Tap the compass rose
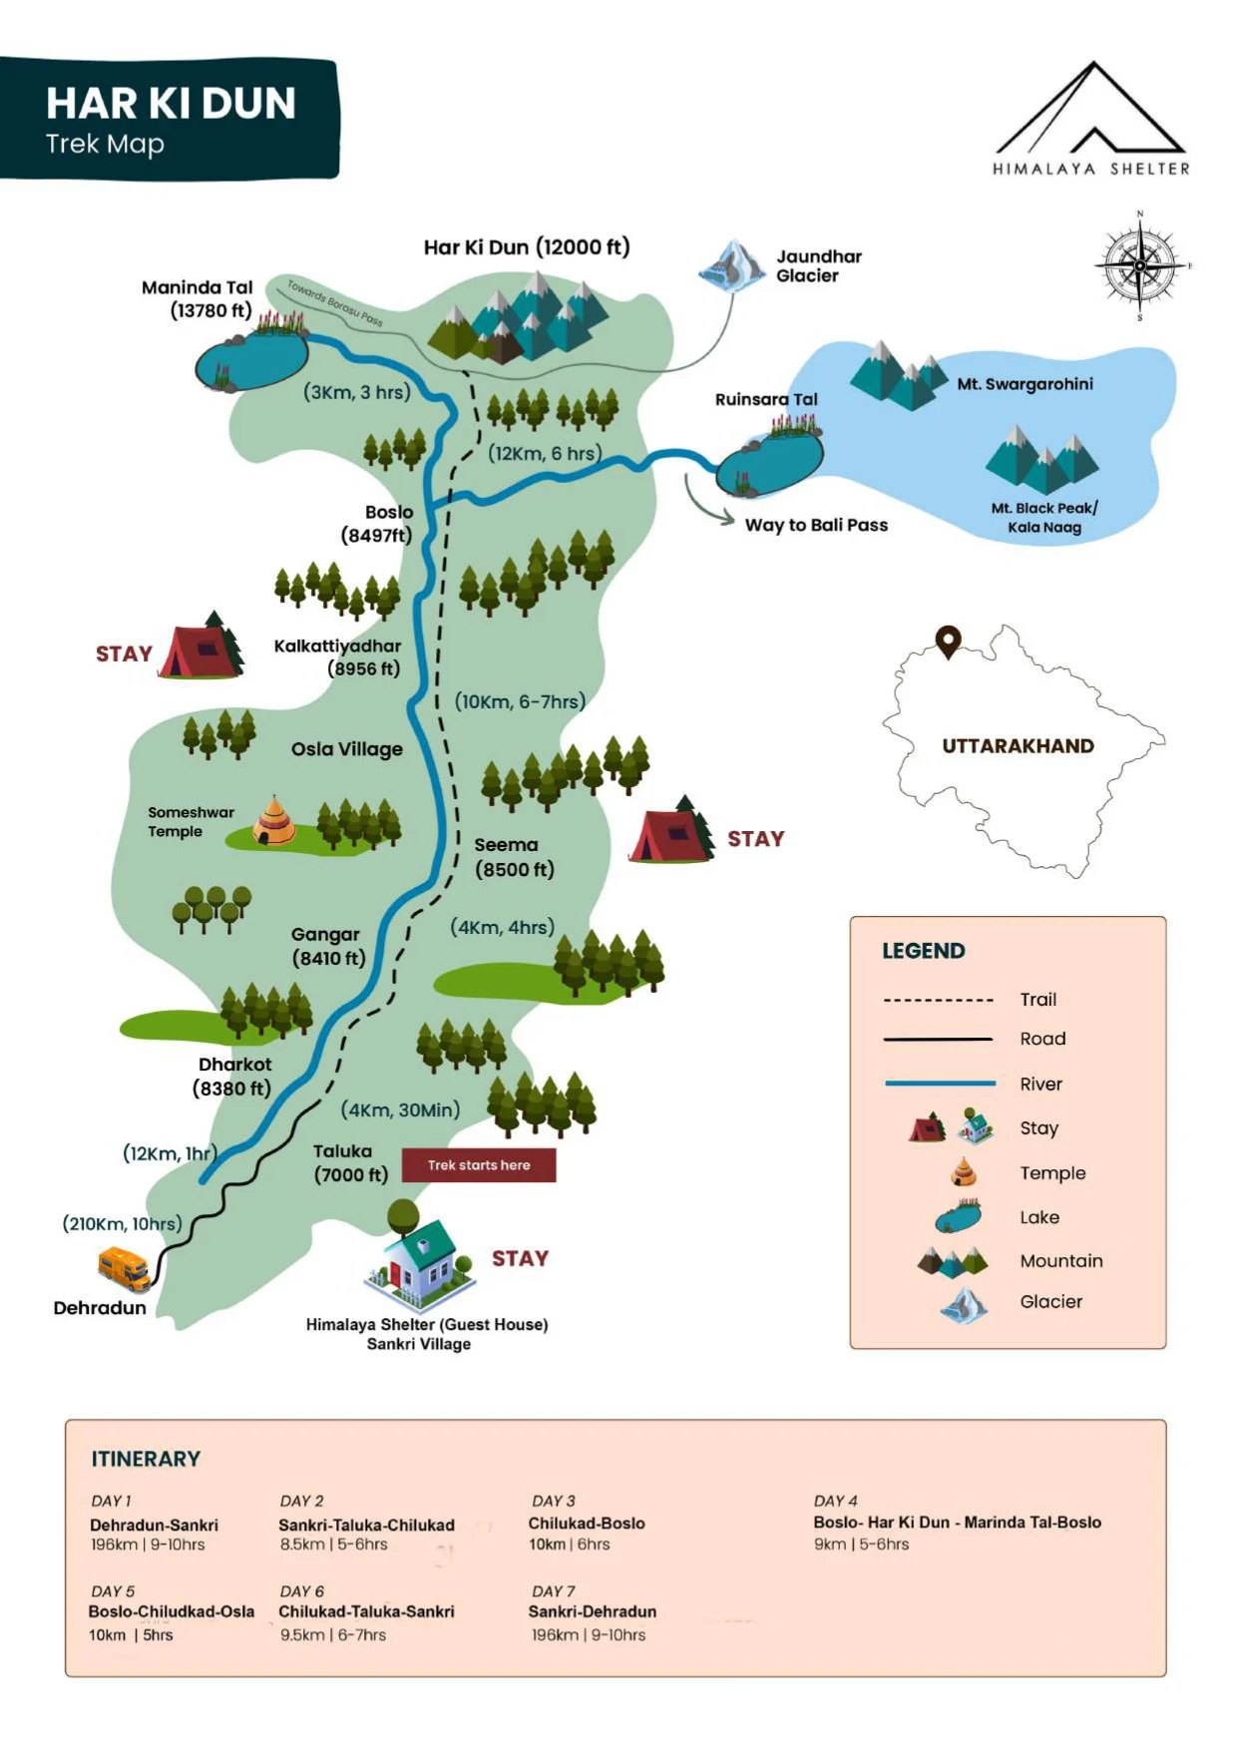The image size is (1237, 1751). (x=1140, y=265)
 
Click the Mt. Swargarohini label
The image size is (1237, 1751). (x=1025, y=384)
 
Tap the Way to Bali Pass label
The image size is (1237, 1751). (x=815, y=526)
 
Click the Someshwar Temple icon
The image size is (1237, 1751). (x=272, y=821)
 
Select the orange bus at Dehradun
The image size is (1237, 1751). (x=125, y=1268)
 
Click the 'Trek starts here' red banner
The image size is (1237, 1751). (x=479, y=1165)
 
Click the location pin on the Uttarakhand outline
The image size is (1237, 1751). (x=948, y=641)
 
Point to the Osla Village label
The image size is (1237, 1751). (x=346, y=749)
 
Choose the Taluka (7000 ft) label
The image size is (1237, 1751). (x=350, y=1163)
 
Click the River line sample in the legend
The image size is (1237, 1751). (x=940, y=1084)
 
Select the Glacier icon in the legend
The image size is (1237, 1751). (x=964, y=1303)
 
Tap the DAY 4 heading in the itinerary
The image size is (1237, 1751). (x=835, y=1501)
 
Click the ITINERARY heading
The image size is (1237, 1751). (x=146, y=1459)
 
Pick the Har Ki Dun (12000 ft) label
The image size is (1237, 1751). (x=527, y=247)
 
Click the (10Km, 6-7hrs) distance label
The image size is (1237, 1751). (x=520, y=701)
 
